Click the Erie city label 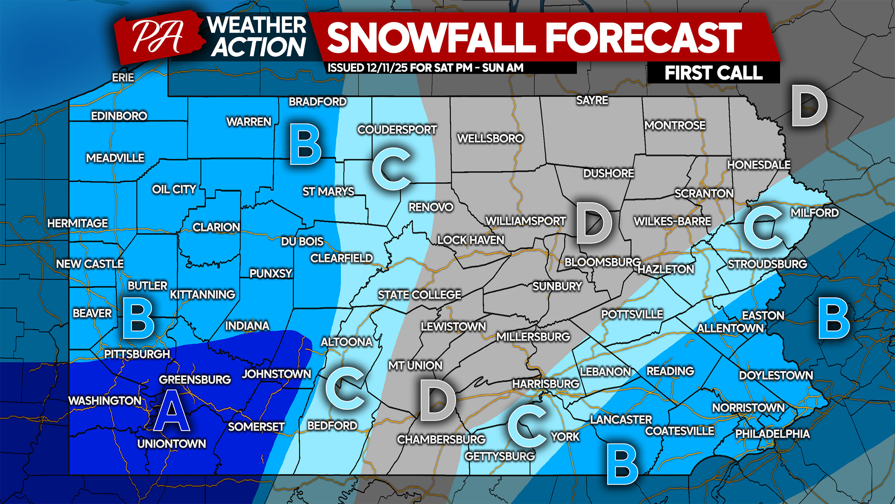click(x=123, y=78)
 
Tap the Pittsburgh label click(x=137, y=354)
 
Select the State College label click(x=420, y=295)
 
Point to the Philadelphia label click(x=772, y=434)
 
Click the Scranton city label click(x=704, y=194)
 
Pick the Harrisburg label click(x=546, y=384)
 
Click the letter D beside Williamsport click(x=594, y=223)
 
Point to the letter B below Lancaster click(x=622, y=464)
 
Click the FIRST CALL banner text click(x=713, y=73)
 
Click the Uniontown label click(x=172, y=444)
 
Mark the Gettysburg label click(x=500, y=456)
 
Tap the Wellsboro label click(x=490, y=139)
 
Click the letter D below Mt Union click(x=438, y=400)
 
